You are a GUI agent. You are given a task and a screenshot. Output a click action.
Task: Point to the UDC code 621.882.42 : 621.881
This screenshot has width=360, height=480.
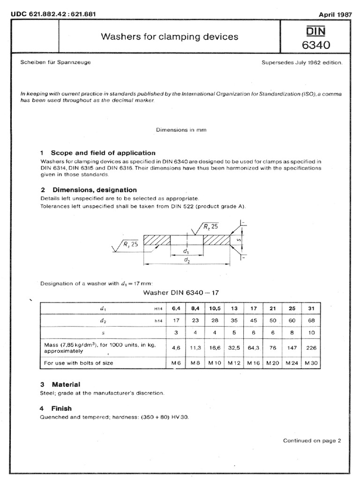pyautogui.click(x=53, y=14)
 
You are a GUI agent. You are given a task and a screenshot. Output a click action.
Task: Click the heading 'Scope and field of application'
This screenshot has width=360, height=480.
pyautogui.click(x=103, y=153)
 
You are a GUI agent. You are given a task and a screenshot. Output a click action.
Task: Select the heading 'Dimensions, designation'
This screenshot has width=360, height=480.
pyautogui.click(x=94, y=190)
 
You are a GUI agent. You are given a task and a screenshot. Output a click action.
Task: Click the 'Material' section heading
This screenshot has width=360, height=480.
pyautogui.click(x=66, y=384)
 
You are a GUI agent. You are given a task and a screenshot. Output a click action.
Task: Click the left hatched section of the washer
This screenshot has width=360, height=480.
pyautogui.click(x=157, y=240)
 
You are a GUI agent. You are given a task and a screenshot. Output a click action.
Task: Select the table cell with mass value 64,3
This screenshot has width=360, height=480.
pyautogui.click(x=253, y=348)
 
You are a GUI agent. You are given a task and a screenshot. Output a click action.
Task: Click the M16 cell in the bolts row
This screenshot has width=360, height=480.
pyautogui.click(x=253, y=362)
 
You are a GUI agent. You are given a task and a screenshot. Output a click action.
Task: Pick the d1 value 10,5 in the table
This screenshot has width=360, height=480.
pyautogui.click(x=215, y=309)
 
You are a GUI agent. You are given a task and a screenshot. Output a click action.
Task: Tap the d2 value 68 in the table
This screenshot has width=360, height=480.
pyautogui.click(x=311, y=321)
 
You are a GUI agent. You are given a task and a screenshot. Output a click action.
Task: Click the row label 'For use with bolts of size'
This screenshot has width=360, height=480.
pyautogui.click(x=78, y=362)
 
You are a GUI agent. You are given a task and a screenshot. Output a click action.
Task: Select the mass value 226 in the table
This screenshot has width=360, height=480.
pyautogui.click(x=311, y=348)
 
